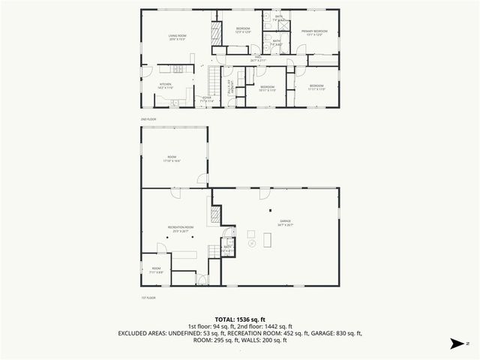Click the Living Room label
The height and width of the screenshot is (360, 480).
(177, 36)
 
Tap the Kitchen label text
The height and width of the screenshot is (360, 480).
(165, 85)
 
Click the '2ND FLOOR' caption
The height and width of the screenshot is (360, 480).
(149, 119)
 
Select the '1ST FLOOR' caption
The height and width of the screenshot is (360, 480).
(149, 298)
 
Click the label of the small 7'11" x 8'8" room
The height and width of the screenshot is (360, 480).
(156, 269)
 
